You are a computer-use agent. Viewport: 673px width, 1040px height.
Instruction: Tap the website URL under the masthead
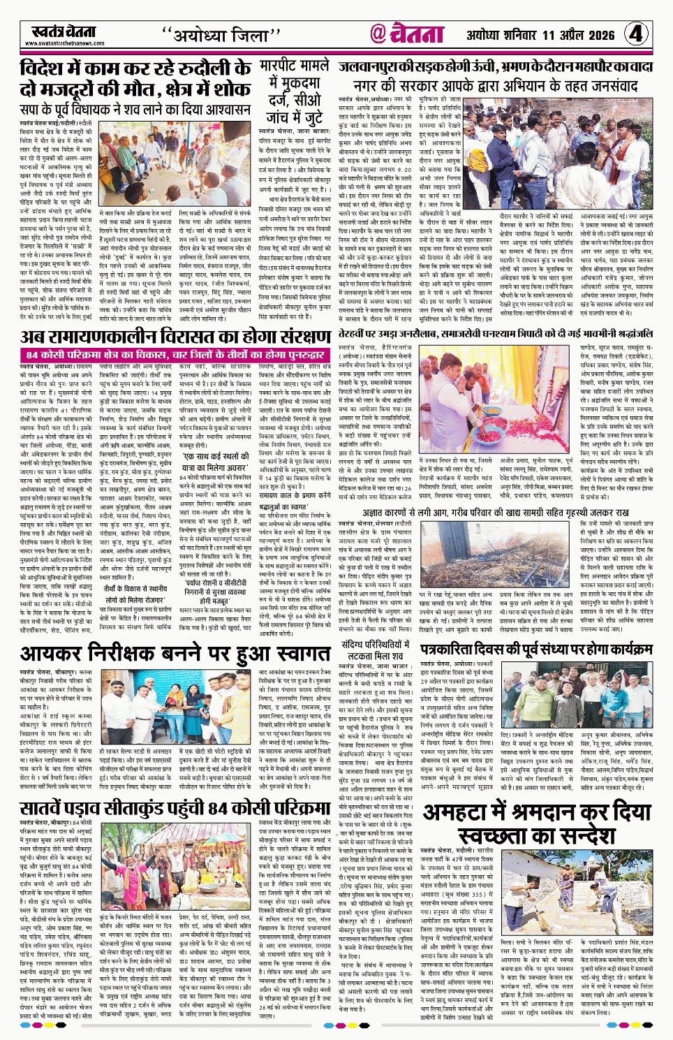[x=64, y=43]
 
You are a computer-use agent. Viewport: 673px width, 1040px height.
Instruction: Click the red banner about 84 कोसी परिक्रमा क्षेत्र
[x=173, y=355]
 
